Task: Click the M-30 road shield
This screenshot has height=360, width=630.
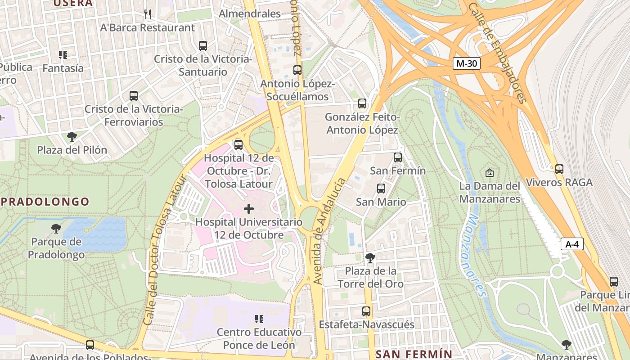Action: coord(466,63)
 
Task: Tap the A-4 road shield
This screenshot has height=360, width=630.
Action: coord(572,244)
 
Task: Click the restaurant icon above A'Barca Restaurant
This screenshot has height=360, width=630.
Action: coord(148,14)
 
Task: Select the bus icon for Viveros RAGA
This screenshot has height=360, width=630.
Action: coord(559,169)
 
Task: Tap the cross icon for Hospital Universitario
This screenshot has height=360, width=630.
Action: coord(248,209)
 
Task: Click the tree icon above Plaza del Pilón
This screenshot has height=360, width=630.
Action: coord(72,136)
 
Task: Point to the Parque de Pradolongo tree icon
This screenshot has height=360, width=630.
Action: coord(56,229)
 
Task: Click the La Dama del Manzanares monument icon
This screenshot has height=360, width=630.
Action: coord(490,172)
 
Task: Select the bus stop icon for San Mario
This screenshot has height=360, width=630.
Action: coord(381,189)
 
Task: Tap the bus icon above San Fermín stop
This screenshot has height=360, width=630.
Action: coord(398,157)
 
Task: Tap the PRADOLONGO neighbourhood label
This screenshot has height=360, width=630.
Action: coord(45,202)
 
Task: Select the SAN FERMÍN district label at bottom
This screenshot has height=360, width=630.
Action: coord(414,354)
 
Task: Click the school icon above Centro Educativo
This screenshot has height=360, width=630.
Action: coord(259,319)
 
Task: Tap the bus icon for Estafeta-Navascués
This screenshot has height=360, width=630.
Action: coord(366,311)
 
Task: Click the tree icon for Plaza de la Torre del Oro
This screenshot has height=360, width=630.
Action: coord(370,258)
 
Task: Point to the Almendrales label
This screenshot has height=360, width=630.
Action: coord(250,13)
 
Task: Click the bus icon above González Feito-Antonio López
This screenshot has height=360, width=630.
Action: coord(362,103)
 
